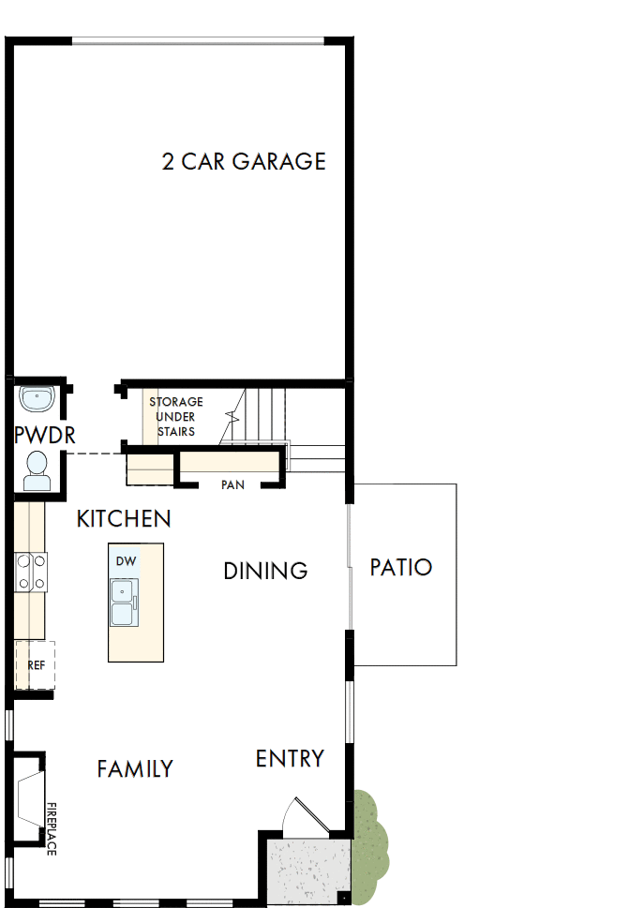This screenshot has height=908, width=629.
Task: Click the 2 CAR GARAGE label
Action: click(244, 161)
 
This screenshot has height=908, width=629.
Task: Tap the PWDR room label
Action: click(44, 436)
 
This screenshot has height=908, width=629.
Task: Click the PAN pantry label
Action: click(232, 484)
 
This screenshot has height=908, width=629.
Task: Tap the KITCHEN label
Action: click(124, 518)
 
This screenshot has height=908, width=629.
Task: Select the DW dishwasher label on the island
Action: click(126, 561)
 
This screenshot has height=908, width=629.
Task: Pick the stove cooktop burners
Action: click(30, 572)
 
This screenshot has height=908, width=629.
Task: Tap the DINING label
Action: click(265, 571)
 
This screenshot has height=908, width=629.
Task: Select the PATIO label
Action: click(400, 567)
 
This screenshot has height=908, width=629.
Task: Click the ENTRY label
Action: click(290, 758)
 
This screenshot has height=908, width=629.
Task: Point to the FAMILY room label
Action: click(135, 769)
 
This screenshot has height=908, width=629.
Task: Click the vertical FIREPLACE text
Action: click(52, 828)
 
